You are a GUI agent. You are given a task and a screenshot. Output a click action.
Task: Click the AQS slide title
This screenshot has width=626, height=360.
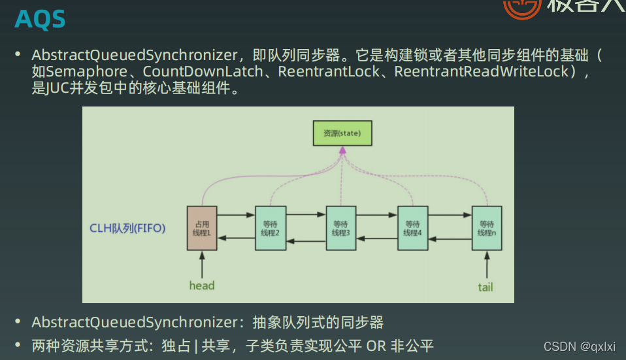(40, 20)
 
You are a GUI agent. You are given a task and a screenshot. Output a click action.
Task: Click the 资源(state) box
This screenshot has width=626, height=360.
(342, 133)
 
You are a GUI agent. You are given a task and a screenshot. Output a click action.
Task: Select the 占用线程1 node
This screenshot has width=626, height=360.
(202, 228)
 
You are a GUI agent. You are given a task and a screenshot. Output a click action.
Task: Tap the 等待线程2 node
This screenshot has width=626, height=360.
(269, 228)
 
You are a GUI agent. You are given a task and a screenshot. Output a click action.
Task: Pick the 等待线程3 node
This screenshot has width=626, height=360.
(340, 228)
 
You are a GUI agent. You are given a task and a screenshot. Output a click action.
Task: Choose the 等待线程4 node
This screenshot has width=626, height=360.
(412, 228)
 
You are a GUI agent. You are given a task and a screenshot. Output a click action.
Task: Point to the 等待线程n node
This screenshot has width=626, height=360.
(487, 228)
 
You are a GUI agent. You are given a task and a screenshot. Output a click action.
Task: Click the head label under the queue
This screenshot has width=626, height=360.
(202, 286)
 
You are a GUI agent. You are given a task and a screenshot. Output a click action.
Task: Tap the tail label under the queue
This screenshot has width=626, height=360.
(486, 286)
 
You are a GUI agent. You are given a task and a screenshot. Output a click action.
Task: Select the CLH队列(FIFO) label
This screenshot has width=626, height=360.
(127, 228)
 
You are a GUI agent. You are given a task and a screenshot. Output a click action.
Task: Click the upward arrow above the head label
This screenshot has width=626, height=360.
(202, 264)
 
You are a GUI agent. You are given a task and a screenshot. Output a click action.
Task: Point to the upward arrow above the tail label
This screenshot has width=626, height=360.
(486, 265)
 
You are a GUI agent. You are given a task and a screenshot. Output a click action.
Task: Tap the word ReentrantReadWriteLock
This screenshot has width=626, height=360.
(482, 71)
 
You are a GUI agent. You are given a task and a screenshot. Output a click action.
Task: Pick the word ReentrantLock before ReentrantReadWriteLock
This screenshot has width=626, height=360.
(328, 71)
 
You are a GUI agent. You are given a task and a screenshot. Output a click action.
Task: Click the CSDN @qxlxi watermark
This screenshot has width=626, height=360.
(579, 346)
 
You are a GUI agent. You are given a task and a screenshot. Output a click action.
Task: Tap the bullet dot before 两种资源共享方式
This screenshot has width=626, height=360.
(19, 344)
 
